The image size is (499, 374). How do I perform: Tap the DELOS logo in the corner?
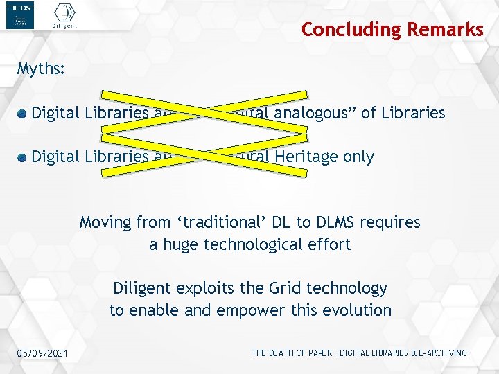(x=19, y=15)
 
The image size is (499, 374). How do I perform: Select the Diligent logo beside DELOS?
(x=64, y=16)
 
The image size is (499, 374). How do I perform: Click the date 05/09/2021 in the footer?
(x=44, y=354)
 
